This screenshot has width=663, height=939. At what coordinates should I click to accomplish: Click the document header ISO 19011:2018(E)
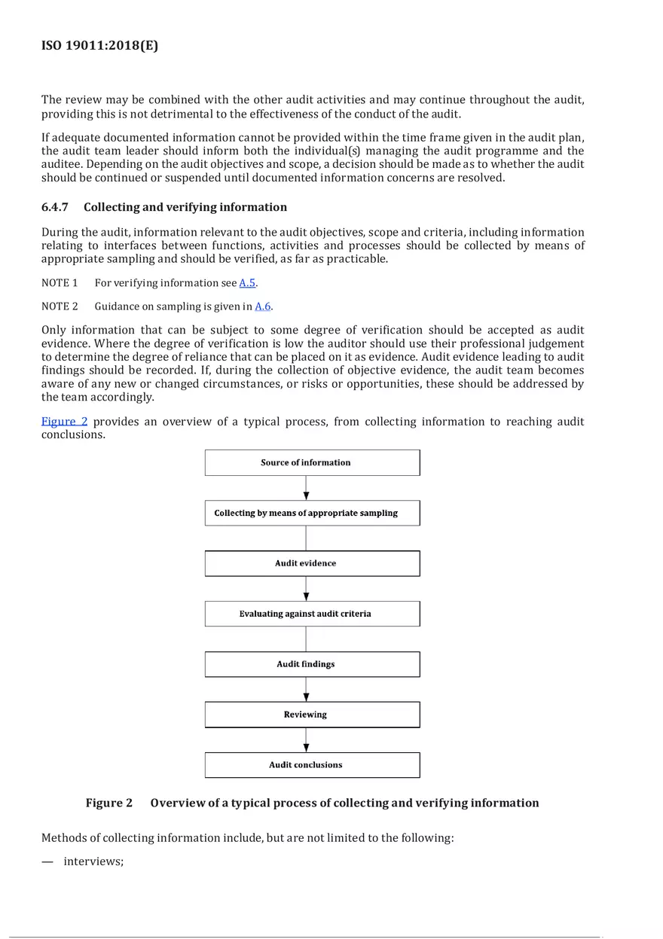[99, 45]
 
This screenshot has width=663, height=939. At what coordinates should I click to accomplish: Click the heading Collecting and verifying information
[185, 207]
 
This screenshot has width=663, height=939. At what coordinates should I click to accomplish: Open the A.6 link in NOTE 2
[262, 306]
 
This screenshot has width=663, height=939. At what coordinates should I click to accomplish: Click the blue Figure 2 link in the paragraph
[64, 422]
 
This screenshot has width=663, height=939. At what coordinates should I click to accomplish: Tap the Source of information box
[312, 462]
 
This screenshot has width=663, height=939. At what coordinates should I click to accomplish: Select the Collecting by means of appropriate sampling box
[312, 513]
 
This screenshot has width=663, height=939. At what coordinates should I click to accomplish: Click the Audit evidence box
[312, 563]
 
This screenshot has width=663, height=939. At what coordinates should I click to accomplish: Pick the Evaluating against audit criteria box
[312, 614]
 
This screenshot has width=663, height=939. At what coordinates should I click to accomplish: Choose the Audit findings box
[312, 664]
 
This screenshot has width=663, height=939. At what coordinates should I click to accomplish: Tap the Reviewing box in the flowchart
[312, 715]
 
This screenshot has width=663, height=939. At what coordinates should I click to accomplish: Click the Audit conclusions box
[312, 765]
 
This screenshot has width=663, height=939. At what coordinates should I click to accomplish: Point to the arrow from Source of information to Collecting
[306, 488]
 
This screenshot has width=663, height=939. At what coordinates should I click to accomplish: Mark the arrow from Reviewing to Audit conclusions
[306, 740]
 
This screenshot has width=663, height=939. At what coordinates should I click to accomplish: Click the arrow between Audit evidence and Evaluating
[306, 589]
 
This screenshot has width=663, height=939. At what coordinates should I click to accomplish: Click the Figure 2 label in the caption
[109, 803]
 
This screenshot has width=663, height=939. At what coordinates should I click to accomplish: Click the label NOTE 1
[60, 283]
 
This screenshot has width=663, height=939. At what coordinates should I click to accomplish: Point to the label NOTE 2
[60, 306]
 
